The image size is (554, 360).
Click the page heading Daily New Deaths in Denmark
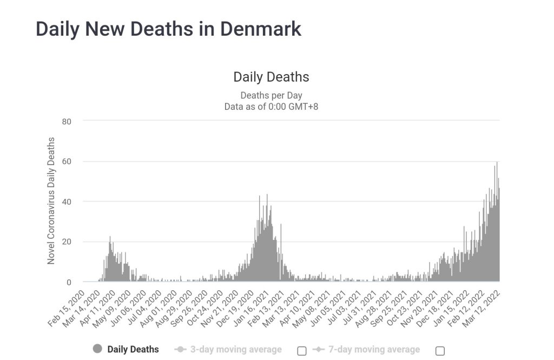(168, 29)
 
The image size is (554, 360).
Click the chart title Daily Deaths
(271, 77)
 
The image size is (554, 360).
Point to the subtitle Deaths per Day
(271, 96)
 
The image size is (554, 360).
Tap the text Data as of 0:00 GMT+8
(271, 106)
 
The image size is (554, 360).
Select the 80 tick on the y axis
(67, 121)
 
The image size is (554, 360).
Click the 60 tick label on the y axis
(67, 162)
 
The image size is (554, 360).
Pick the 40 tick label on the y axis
(67, 202)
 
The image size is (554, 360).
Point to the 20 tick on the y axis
(67, 242)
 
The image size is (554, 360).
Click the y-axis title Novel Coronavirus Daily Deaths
(51, 201)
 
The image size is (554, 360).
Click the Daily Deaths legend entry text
(133, 349)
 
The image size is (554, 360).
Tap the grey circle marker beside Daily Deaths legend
(97, 349)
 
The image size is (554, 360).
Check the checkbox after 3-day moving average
(302, 351)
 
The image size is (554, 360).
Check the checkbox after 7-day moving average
(440, 351)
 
